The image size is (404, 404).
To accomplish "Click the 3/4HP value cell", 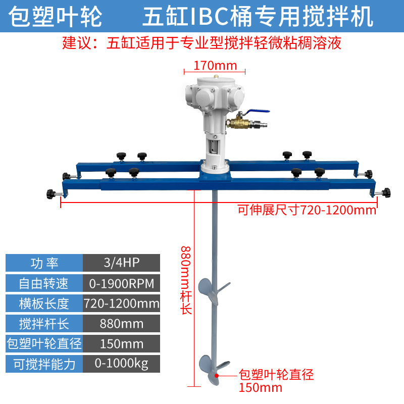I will (121, 263).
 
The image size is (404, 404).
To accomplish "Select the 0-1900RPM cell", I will (121, 283).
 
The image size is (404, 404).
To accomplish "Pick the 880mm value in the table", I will (121, 323).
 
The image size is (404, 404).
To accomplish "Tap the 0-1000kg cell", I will (121, 364).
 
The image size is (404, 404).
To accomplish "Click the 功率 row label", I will (44, 263).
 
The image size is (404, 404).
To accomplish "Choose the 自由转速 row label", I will (44, 283).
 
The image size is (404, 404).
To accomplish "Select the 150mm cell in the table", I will (121, 343).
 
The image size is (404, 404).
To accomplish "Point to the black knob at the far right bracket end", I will (387, 192).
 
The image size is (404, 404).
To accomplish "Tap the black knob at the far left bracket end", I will (50, 193).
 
